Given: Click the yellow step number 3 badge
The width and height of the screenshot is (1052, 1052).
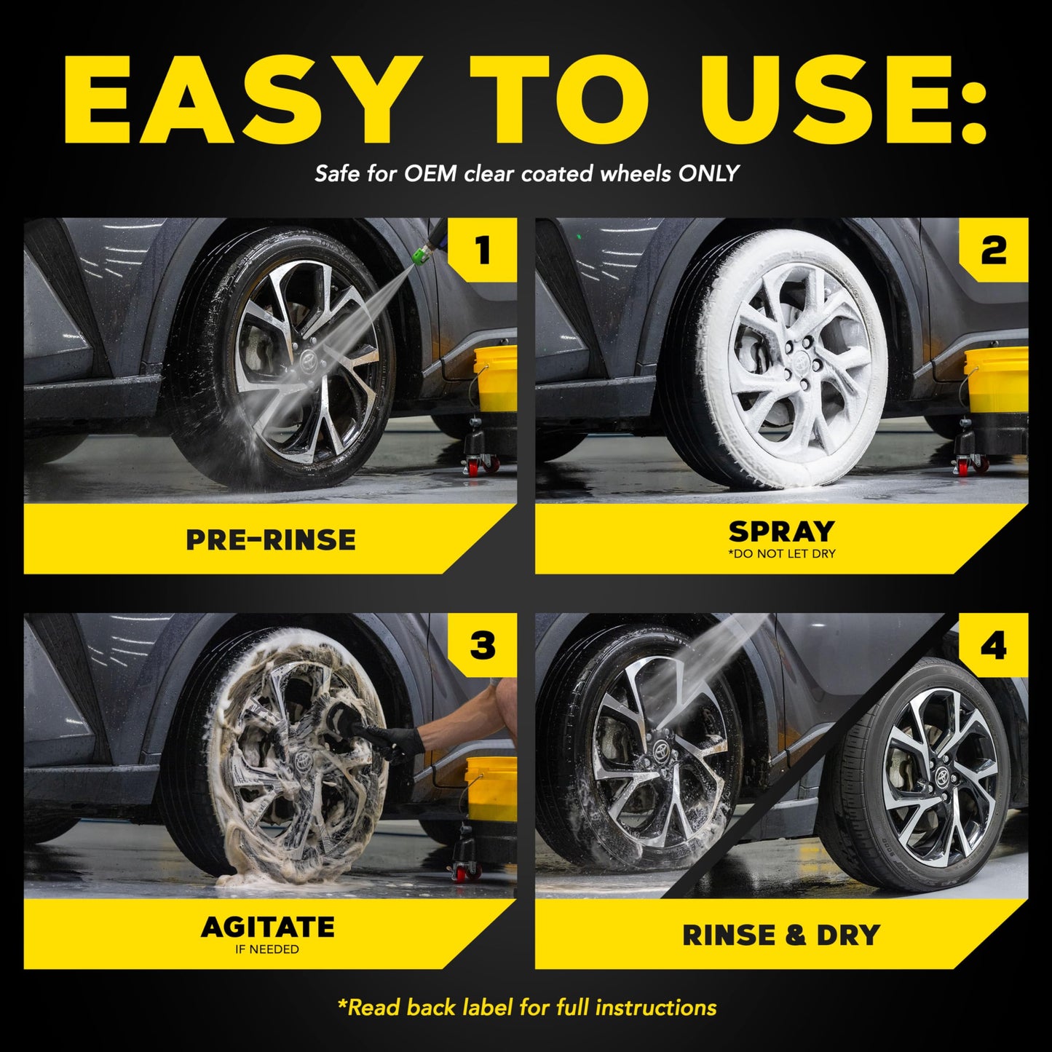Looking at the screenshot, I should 483,645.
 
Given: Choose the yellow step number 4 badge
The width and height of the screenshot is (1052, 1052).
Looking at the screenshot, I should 994,645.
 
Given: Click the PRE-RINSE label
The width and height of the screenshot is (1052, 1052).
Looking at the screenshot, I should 271,539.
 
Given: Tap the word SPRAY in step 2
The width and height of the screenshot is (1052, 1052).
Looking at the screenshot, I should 781,531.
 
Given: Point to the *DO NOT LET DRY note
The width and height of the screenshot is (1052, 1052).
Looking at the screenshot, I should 781,554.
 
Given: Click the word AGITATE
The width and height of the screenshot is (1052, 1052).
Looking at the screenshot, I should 268,927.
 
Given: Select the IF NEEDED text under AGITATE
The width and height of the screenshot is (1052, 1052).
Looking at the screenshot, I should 266,949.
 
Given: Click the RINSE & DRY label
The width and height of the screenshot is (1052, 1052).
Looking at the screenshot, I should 781,935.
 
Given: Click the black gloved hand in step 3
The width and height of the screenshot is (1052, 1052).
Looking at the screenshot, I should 403,741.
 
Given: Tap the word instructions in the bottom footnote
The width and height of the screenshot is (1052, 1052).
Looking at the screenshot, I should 655,1008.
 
